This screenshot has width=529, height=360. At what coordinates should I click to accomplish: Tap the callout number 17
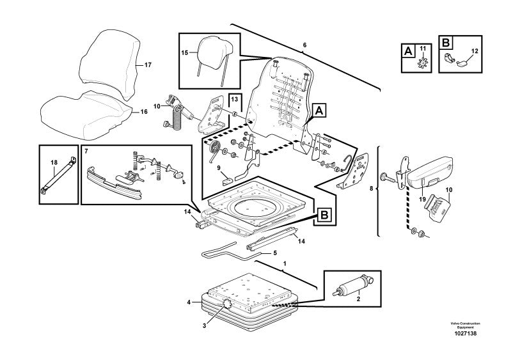148,65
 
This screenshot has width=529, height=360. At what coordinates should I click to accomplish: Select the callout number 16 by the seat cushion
144,112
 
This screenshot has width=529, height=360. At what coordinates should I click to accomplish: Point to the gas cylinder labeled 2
352,285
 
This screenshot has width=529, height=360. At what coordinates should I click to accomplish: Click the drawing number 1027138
465,334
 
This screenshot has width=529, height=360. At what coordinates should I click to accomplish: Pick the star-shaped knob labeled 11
422,63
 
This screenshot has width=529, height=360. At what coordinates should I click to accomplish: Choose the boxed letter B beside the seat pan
324,215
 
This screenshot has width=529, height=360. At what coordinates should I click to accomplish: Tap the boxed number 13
235,99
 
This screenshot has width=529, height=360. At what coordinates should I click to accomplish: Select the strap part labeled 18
58,175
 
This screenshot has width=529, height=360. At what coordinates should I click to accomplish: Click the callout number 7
86,152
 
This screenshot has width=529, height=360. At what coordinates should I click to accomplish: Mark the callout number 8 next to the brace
371,188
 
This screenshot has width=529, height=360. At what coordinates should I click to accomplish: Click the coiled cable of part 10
178,118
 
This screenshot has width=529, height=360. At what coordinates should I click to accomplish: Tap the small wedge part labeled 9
227,181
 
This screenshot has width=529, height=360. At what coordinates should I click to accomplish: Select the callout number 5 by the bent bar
274,253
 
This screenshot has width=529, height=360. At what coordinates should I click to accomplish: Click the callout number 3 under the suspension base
204,325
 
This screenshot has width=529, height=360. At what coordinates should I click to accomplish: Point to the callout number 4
189,302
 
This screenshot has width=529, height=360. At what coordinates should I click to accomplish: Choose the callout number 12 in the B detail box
475,51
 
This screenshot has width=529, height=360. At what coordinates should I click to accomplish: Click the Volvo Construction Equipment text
465,325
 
